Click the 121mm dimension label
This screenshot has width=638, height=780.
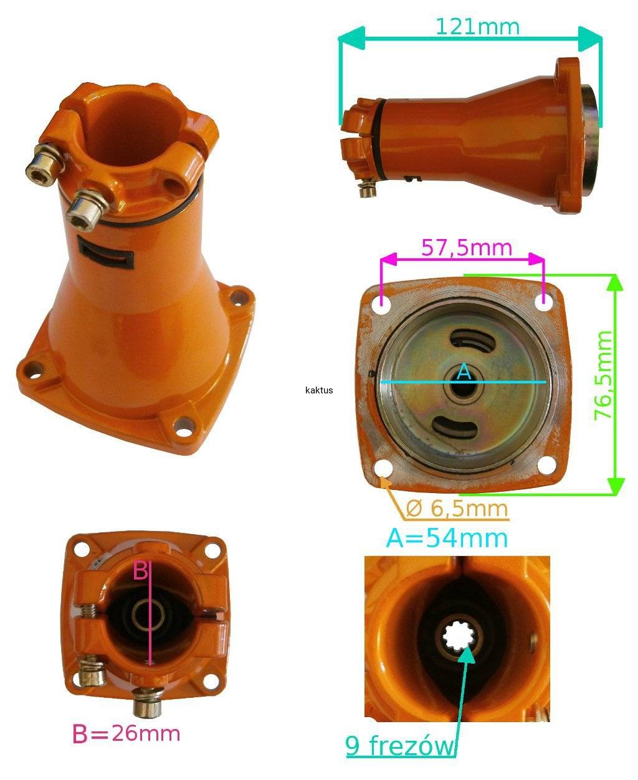coord(478,27)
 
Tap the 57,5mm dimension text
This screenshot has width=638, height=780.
coord(467,247)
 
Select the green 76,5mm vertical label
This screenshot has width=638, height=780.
coord(603,375)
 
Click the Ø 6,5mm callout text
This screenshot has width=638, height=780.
coord(457,509)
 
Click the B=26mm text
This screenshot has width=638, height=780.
coord(126,734)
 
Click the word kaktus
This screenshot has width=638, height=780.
coord(319,390)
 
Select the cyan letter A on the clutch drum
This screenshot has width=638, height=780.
coord(464,371)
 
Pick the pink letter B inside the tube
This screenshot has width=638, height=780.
coord(141,570)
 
